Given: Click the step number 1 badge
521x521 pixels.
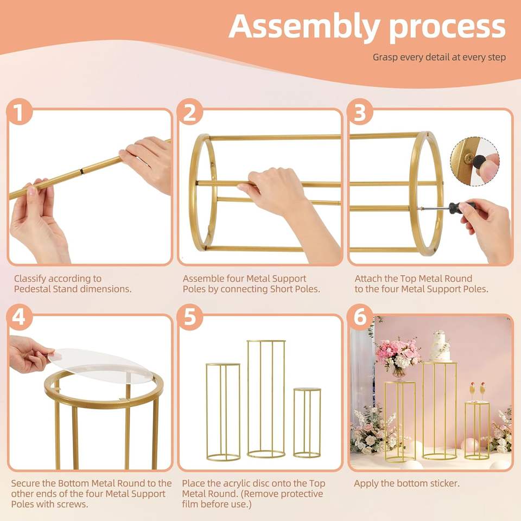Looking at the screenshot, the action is pyautogui.click(x=20, y=112).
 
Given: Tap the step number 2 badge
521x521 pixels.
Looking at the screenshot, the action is pyautogui.click(x=190, y=112).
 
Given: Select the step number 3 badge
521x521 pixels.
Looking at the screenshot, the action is pyautogui.click(x=360, y=112).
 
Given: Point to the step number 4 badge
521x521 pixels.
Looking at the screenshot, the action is pyautogui.click(x=20, y=316).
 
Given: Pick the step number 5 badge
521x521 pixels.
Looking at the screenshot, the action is pyautogui.click(x=190, y=316).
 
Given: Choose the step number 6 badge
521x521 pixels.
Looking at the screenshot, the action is pyautogui.click(x=360, y=316).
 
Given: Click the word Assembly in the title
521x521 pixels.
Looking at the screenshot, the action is pyautogui.click(x=304, y=27).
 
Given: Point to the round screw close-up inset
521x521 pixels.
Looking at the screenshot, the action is pyautogui.click(x=474, y=161).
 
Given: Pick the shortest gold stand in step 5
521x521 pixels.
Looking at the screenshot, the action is pyautogui.click(x=307, y=423).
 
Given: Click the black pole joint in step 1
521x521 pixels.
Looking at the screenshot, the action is pyautogui.click(x=81, y=171).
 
